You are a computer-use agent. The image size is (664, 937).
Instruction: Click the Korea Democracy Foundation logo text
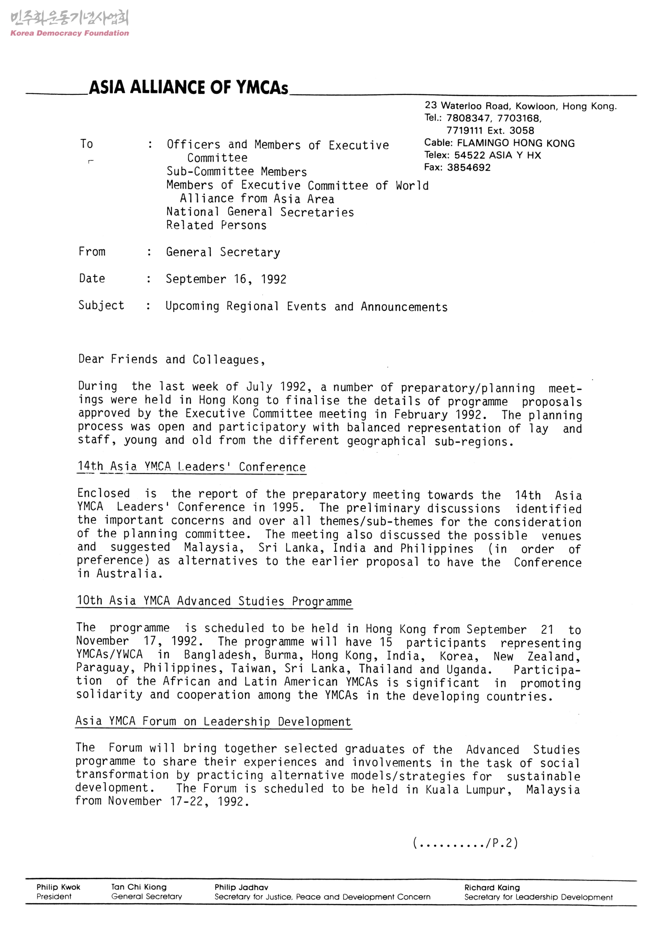click(x=70, y=33)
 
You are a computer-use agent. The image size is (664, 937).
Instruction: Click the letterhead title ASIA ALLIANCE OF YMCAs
click(x=189, y=88)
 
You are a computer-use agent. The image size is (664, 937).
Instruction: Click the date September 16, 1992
click(x=226, y=279)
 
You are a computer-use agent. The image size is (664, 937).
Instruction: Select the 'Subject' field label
click(x=101, y=305)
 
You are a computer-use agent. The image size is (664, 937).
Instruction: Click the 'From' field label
click(x=92, y=251)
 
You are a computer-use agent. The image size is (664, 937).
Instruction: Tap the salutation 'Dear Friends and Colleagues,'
click(x=172, y=360)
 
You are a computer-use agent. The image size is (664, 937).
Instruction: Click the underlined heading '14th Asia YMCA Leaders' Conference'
click(x=192, y=467)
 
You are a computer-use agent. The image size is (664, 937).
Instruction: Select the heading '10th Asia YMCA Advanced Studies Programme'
click(x=214, y=601)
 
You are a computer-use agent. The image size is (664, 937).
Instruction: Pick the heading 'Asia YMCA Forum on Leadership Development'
click(x=213, y=722)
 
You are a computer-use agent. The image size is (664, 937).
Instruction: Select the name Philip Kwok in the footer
click(x=58, y=887)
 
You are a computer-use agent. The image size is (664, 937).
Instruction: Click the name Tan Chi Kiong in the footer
click(x=139, y=887)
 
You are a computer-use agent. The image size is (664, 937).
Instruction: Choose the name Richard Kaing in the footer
click(x=492, y=888)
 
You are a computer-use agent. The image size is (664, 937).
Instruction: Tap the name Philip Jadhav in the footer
click(x=241, y=887)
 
